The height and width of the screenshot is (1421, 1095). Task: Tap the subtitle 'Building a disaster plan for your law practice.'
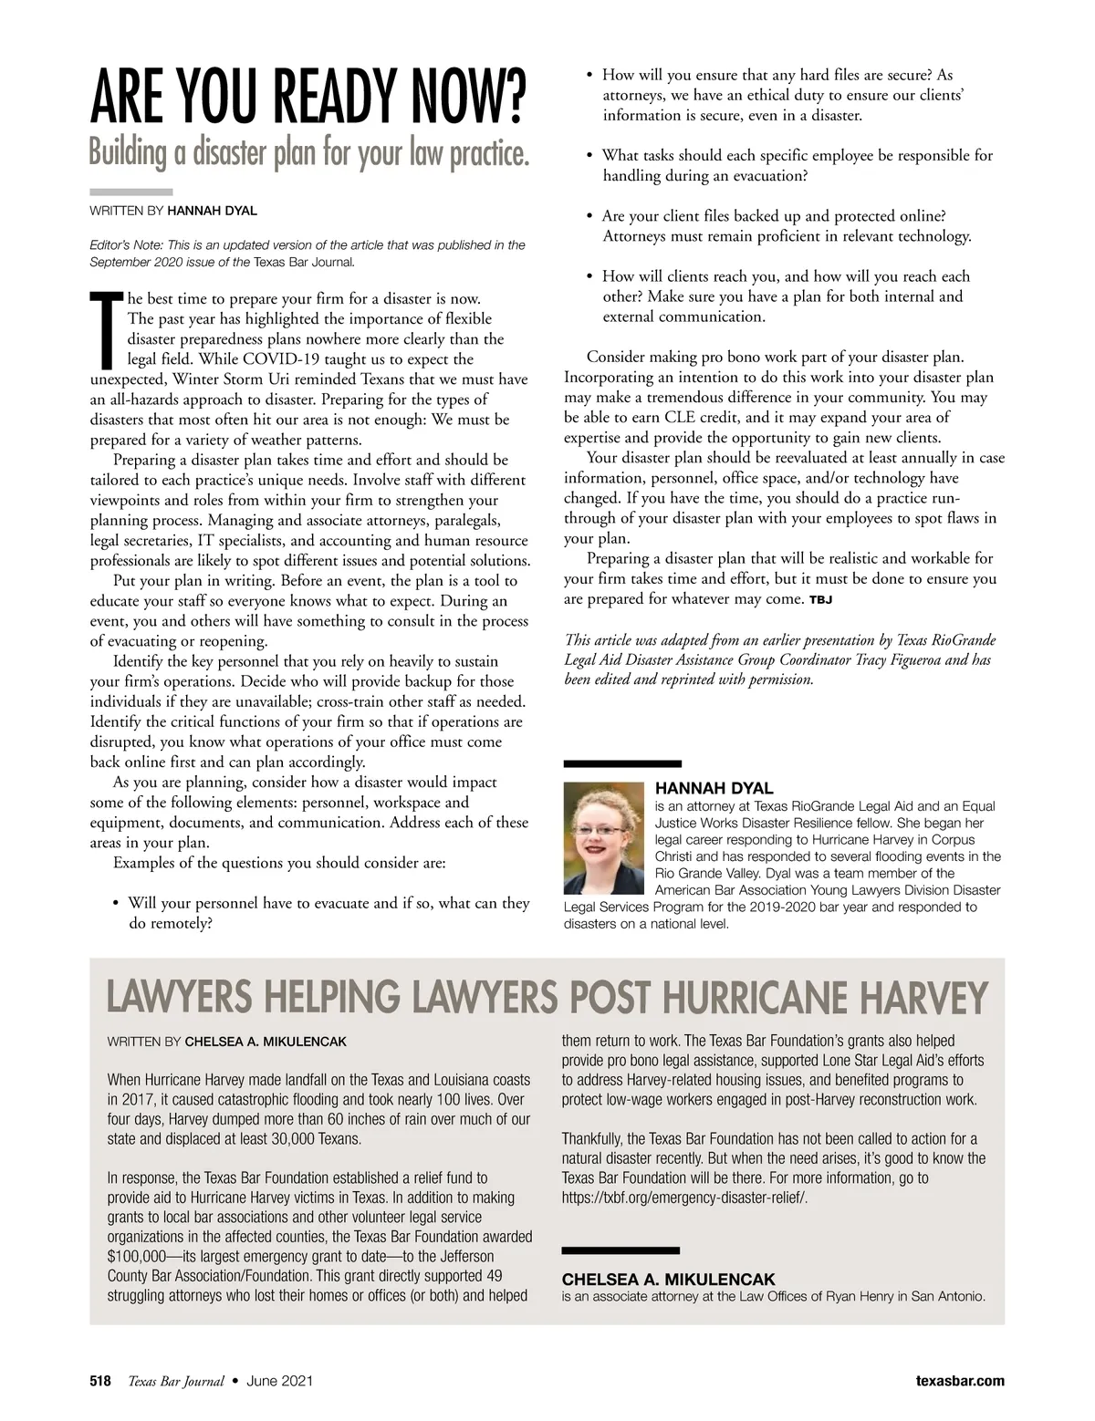tap(308, 153)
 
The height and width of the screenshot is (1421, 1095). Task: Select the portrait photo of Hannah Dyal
tap(604, 837)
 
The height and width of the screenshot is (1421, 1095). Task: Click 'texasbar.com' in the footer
tap(960, 1381)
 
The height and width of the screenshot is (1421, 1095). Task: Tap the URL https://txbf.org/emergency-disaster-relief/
tap(684, 1198)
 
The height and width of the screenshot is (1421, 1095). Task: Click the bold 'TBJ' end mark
tap(820, 600)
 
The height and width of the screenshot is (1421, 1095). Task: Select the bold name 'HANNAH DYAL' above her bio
tap(714, 788)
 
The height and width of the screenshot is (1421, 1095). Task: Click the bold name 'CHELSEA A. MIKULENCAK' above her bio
tap(668, 1279)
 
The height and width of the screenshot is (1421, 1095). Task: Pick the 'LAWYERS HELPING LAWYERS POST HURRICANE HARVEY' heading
tap(547, 998)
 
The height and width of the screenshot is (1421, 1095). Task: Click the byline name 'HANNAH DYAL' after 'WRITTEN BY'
tap(212, 211)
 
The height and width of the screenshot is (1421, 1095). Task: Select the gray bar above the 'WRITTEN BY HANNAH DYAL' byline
tap(131, 192)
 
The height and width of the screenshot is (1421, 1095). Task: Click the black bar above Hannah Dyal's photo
tap(622, 763)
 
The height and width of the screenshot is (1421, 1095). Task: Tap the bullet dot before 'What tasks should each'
tap(590, 156)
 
